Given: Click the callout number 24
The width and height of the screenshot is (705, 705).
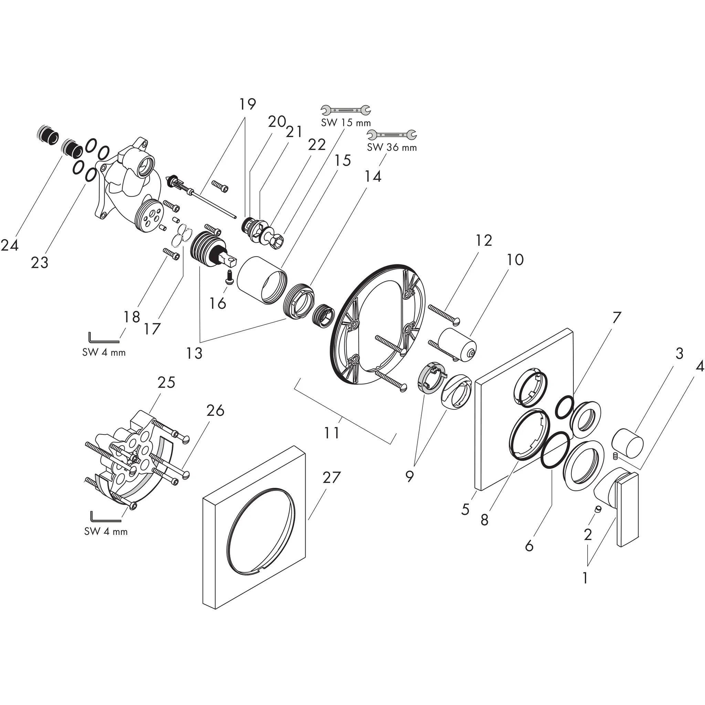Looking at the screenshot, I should (10, 245).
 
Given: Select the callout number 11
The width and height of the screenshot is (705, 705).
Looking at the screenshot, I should (332, 433).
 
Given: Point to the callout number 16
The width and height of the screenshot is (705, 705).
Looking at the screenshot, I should (218, 303).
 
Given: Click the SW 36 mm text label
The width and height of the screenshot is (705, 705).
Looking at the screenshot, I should (391, 147).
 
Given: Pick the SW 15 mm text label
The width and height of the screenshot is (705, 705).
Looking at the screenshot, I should (346, 123).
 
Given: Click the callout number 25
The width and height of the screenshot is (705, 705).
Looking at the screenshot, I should (166, 382).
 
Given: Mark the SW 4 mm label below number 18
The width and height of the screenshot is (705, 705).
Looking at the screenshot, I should (104, 352).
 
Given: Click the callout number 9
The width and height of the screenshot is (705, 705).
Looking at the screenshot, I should (409, 476).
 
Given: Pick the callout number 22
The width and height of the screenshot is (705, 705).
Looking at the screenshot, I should (316, 145).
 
